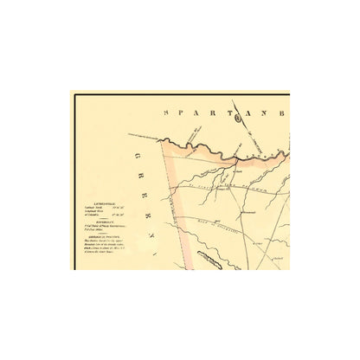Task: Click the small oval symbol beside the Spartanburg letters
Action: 238,119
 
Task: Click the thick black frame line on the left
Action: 74,182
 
